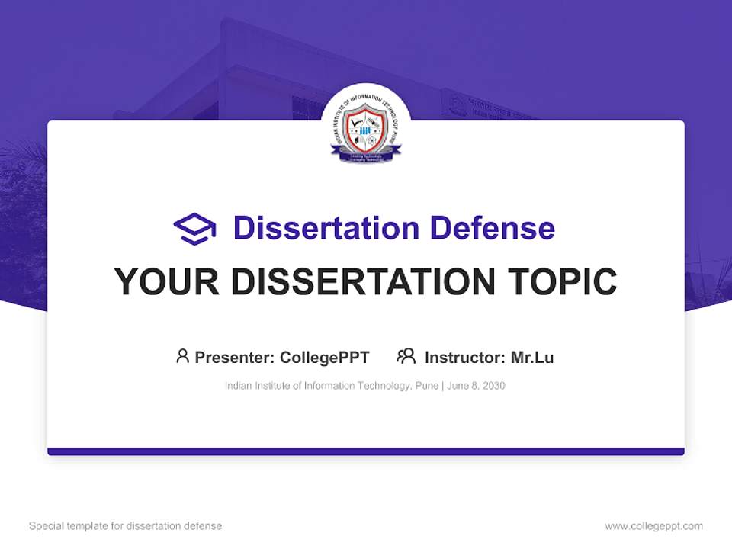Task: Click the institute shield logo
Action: [366, 131]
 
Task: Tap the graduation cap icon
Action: [194, 228]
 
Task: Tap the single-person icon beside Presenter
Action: [182, 356]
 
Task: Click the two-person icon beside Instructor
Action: [406, 356]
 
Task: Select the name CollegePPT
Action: [325, 358]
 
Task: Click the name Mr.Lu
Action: [532, 358]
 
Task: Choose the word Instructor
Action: [464, 358]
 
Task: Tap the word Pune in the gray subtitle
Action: [426, 386]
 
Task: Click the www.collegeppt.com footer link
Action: [653, 526]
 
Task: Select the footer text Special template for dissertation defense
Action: [126, 526]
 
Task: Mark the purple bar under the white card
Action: [366, 451]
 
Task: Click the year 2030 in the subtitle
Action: [493, 386]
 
